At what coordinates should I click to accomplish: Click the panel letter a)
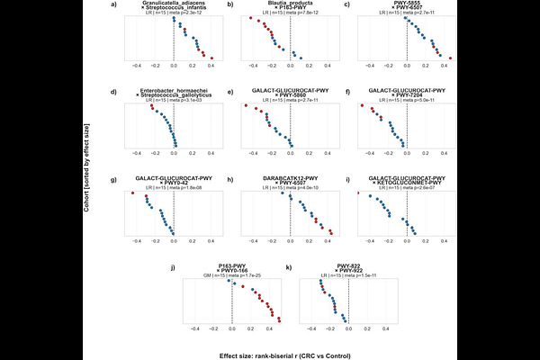coord(113,6)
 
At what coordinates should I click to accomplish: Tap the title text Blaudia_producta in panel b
coord(291,4)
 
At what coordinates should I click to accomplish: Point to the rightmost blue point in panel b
coord(301,58)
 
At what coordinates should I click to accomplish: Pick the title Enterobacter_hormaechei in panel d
coord(173,91)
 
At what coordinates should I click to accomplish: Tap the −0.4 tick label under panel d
coord(136,153)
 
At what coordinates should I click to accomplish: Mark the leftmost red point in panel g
coord(132,193)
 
